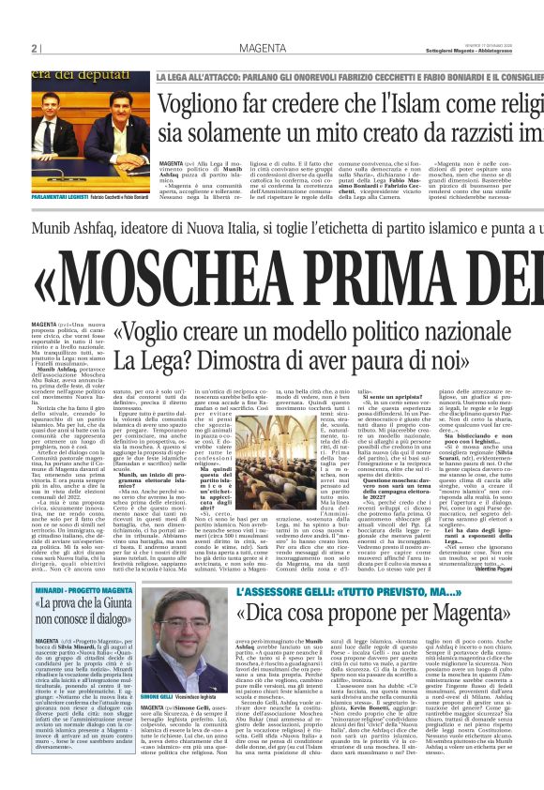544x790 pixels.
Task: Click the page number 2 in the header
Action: pos(35,49)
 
